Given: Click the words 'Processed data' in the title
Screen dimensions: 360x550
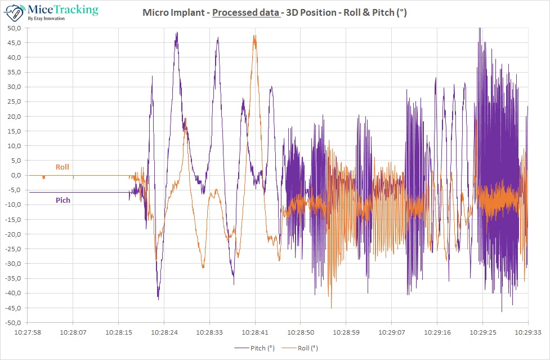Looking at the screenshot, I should click(x=245, y=12).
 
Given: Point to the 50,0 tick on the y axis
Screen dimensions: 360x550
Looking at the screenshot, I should click(x=14, y=28).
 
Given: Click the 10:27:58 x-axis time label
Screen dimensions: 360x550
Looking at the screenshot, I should click(x=28, y=333).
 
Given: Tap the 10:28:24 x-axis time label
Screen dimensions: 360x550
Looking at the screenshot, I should click(x=164, y=333).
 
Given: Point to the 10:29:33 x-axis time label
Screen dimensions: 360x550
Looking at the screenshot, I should click(x=527, y=333).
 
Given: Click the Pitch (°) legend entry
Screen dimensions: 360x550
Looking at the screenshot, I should click(x=254, y=348).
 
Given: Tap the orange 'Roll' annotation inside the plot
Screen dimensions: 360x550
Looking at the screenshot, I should click(x=62, y=167).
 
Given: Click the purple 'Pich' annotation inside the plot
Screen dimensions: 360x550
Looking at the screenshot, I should click(x=63, y=200).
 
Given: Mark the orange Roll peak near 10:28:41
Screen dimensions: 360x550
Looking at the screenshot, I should click(x=254, y=36).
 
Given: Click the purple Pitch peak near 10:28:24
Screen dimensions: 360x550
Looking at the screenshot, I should click(x=177, y=33).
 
